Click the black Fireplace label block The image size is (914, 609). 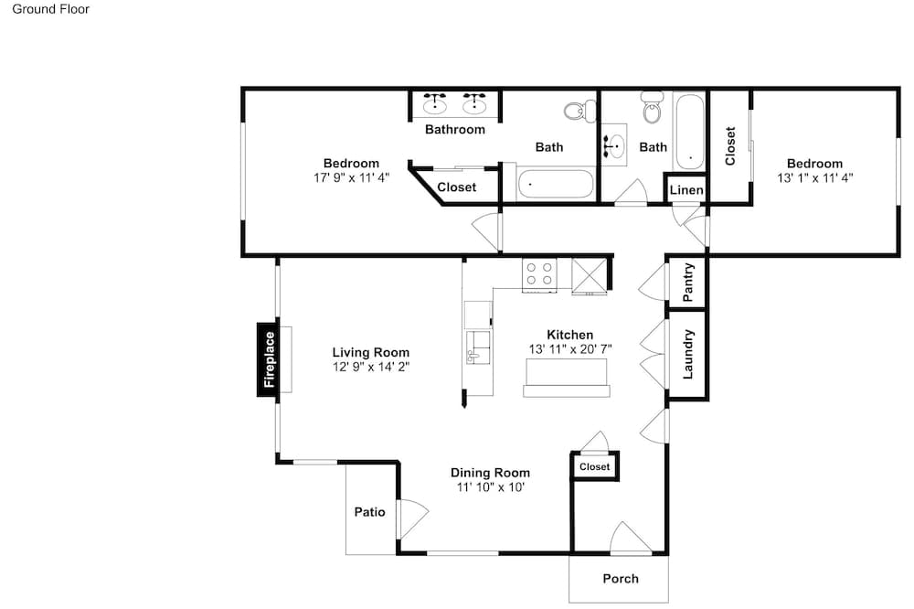click(x=268, y=359)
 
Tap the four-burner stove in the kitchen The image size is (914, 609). click(x=539, y=274)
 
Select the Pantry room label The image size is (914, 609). click(x=688, y=283)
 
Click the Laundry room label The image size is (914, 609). click(x=688, y=354)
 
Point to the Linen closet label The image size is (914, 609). click(x=686, y=190)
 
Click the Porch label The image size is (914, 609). click(x=621, y=579)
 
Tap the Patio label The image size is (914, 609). click(x=369, y=512)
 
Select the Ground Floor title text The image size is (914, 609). click(x=50, y=9)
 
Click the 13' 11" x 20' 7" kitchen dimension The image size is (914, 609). click(x=570, y=349)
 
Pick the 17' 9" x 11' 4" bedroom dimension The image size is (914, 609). click(x=352, y=178)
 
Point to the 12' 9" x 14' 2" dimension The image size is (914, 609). click(x=371, y=367)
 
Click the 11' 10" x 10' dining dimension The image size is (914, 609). click(x=490, y=487)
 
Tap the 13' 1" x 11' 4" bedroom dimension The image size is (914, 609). click(x=815, y=178)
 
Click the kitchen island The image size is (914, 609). click(x=567, y=378)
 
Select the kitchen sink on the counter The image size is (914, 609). click(x=478, y=347)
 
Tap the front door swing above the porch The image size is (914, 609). click(x=630, y=538)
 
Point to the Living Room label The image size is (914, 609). click(x=371, y=352)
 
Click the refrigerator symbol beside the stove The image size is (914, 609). click(x=590, y=275)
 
